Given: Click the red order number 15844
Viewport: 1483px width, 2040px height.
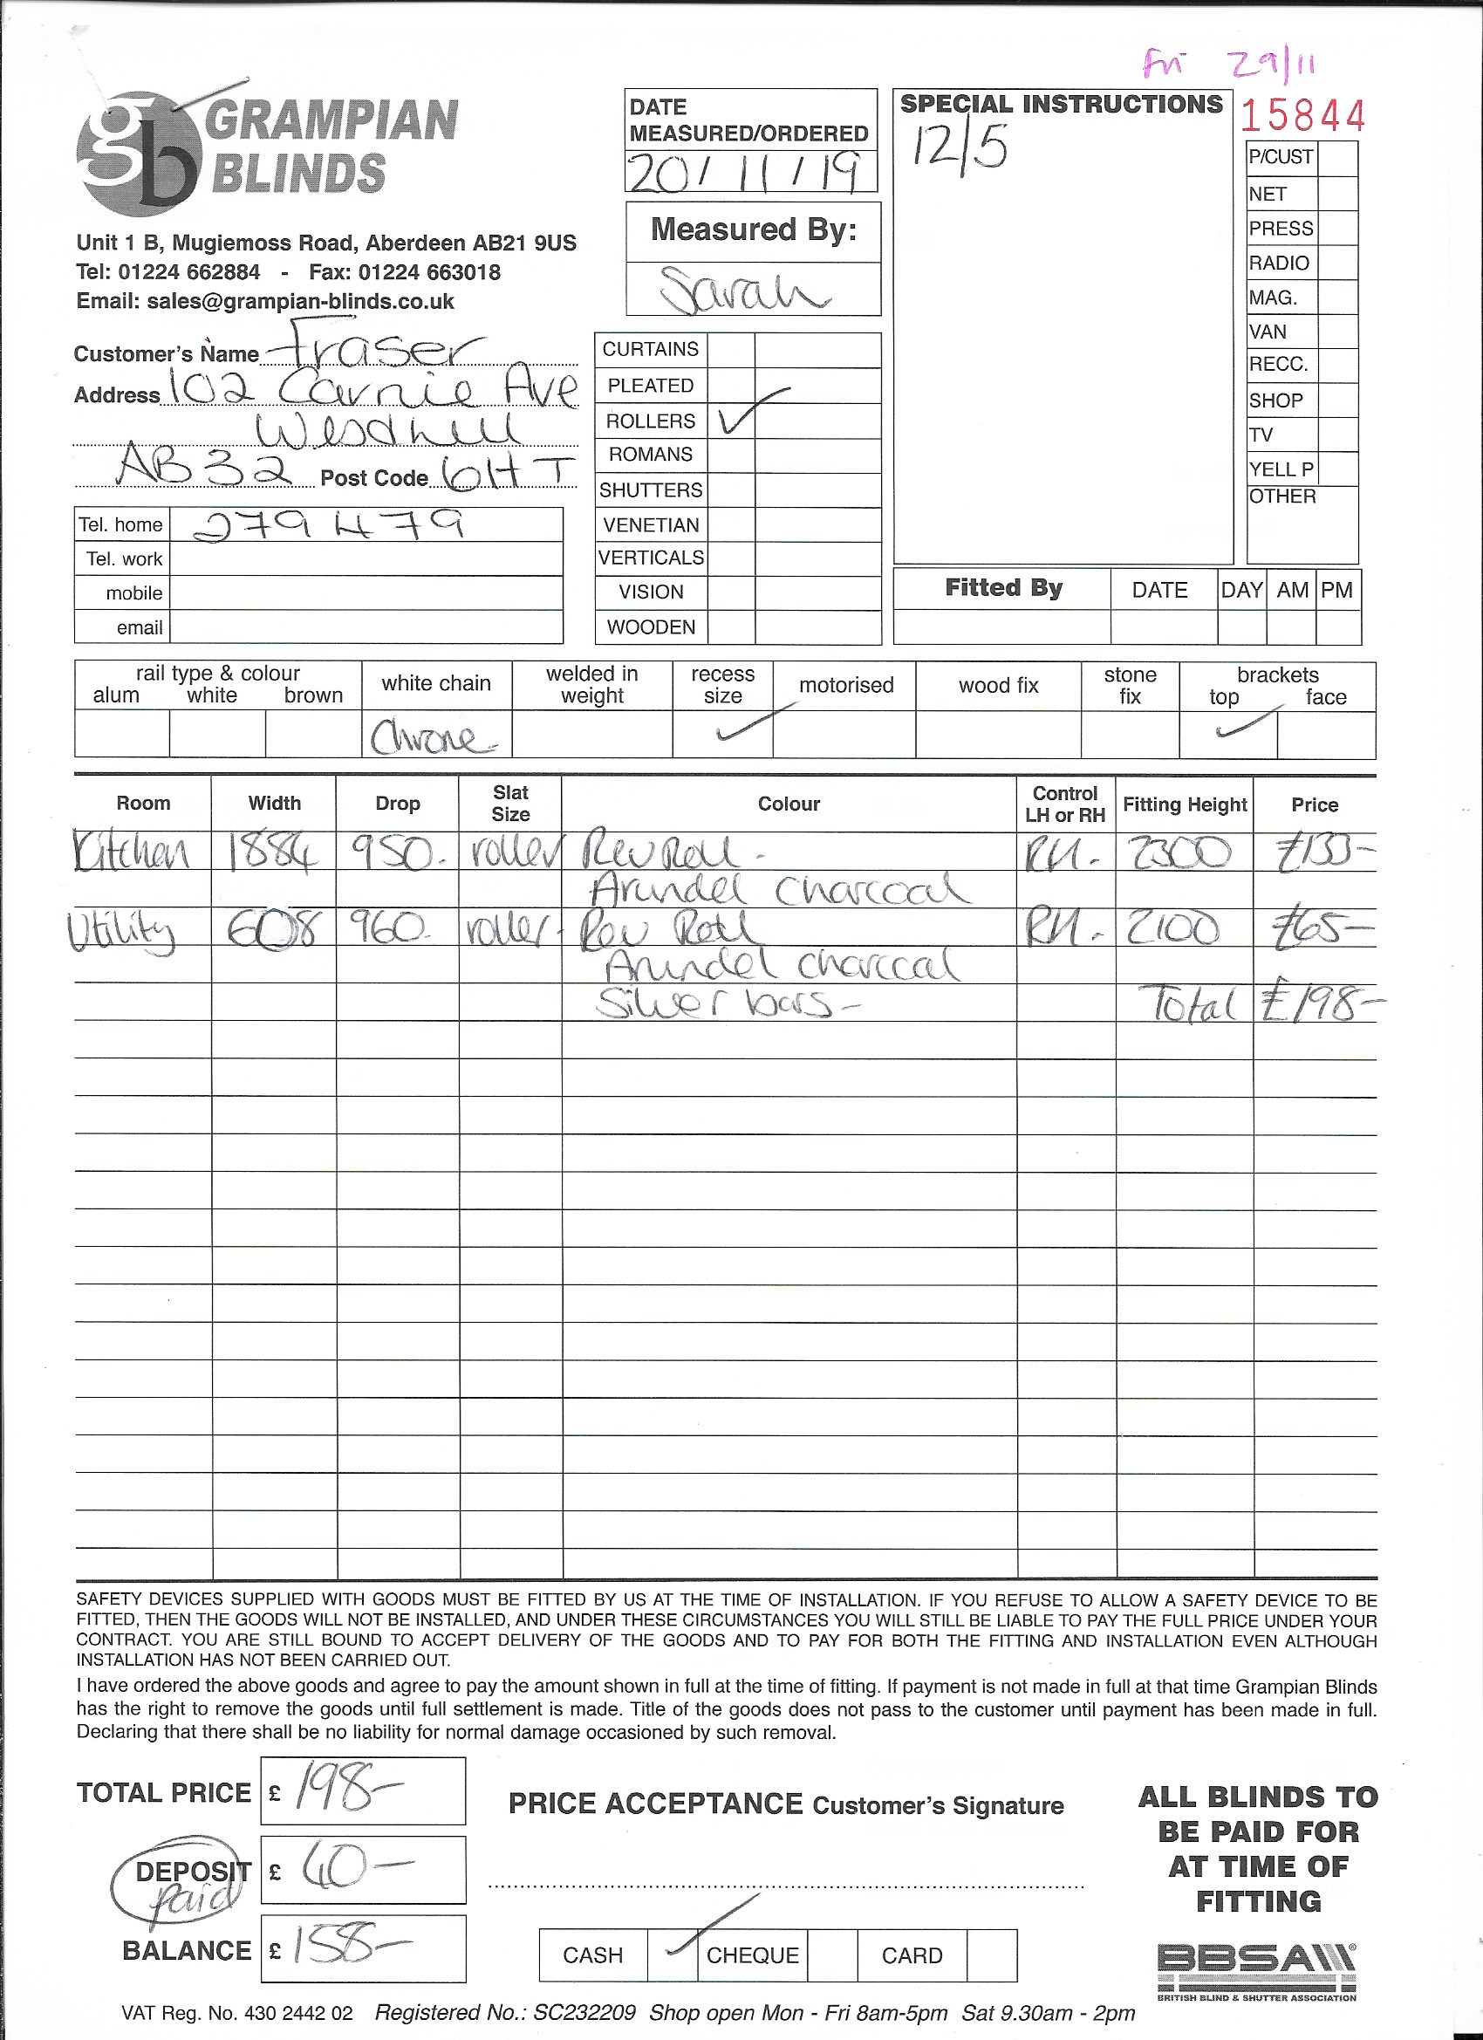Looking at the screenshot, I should coord(1302,116).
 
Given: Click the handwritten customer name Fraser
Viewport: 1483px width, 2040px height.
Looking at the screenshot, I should coord(378,346).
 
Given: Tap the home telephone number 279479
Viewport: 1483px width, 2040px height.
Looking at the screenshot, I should coord(329,524).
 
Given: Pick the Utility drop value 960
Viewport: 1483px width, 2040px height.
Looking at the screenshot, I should coord(394,928).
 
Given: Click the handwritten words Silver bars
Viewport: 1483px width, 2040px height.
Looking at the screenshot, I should coord(724,1003).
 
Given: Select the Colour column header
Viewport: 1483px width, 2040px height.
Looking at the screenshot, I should coord(789,804).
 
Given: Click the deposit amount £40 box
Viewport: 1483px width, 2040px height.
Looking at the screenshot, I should coord(363,1870).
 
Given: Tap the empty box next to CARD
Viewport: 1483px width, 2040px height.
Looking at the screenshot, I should coord(992,1954).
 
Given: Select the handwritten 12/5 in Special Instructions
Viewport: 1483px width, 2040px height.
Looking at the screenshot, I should coord(960,146).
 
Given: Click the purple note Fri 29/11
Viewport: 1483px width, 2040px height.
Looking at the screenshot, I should coord(1231,65).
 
